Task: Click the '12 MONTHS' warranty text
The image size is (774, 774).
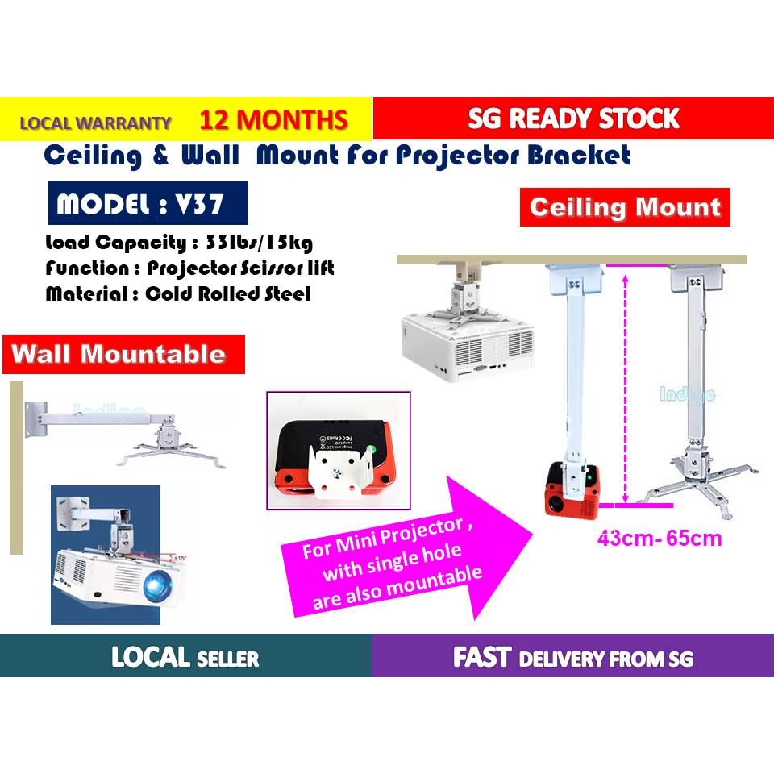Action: [273, 120]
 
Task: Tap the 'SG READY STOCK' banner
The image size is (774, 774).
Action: [573, 119]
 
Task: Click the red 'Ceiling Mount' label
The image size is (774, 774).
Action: [625, 207]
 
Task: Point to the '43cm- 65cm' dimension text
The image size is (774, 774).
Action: [660, 539]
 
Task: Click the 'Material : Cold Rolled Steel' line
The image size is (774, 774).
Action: [177, 294]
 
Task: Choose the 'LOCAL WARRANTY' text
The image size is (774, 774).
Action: [95, 123]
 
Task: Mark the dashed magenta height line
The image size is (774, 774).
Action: [625, 387]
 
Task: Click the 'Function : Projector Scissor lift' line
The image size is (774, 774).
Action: [189, 268]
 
